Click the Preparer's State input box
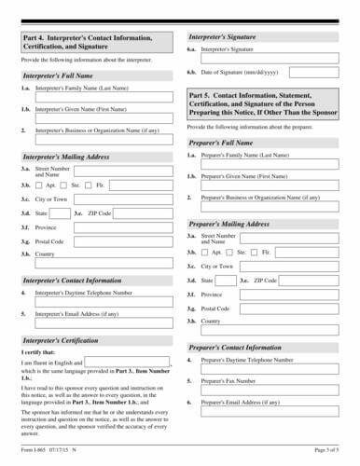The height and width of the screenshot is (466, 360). (225, 280)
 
